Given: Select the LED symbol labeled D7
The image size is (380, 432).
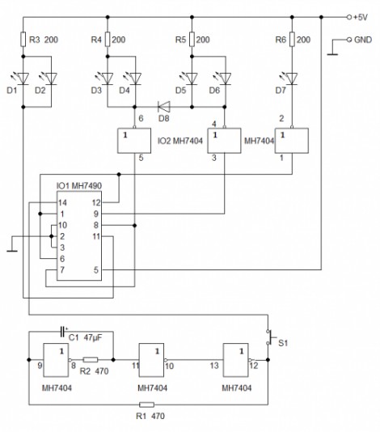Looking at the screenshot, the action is (291, 78).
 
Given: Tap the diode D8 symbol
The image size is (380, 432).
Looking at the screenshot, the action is (164, 107).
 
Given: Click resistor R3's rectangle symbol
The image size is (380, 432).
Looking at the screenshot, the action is (23, 39).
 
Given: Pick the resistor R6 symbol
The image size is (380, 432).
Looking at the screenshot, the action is (292, 39).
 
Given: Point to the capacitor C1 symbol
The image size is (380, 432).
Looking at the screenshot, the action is (63, 332).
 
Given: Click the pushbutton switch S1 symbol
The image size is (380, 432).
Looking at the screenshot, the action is (270, 337).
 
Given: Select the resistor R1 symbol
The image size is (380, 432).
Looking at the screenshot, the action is (146, 404).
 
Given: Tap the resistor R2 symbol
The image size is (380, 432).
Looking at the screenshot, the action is (91, 359).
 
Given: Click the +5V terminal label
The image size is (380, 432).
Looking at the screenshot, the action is (360, 17).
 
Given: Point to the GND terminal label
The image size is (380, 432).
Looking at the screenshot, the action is (363, 40).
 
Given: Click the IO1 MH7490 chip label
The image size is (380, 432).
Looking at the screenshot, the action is (78, 186).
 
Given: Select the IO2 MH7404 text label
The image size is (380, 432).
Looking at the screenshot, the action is (179, 141).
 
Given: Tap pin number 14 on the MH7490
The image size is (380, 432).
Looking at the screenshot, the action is (62, 203).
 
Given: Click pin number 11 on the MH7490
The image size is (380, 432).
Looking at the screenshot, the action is (96, 236).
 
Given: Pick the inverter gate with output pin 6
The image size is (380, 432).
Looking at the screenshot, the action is (134, 140).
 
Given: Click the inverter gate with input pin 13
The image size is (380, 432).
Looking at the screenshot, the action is (237, 360).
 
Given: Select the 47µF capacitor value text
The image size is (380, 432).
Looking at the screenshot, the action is (92, 337).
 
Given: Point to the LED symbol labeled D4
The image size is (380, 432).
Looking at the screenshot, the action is (134, 78).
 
